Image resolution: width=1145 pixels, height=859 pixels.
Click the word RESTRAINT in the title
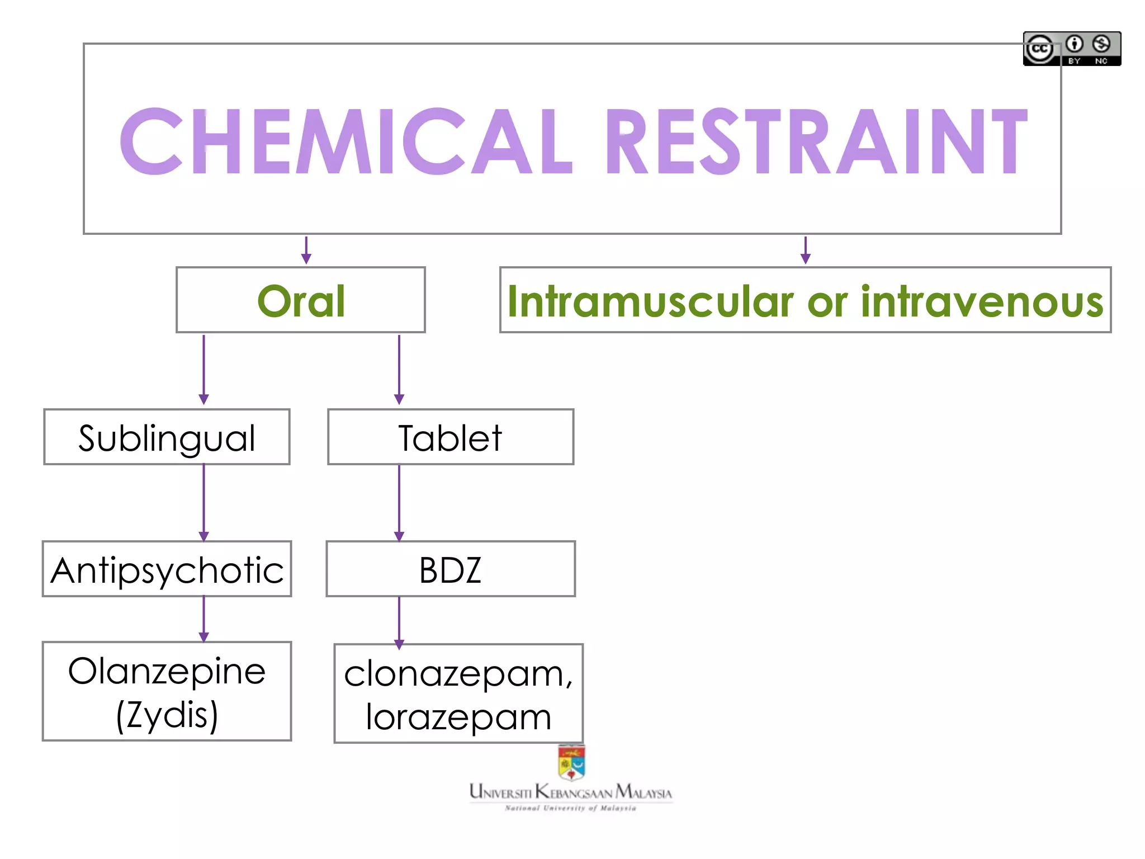click(x=816, y=141)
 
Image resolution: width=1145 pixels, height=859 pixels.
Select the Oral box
click(x=301, y=300)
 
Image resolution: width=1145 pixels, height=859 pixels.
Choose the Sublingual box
click(x=167, y=437)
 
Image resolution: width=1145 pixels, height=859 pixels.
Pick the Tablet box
click(x=451, y=437)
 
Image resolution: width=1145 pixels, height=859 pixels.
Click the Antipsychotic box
click(x=167, y=569)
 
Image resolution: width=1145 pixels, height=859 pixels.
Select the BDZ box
click(x=451, y=569)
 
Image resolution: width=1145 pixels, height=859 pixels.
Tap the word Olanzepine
click(x=167, y=671)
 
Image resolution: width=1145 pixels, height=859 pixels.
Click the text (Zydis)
click(x=167, y=714)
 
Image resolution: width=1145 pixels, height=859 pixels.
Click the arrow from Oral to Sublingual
click(x=204, y=370)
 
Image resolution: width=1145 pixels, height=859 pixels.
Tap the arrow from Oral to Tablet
click(x=399, y=370)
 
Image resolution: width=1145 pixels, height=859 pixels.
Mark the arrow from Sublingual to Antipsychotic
click(x=204, y=502)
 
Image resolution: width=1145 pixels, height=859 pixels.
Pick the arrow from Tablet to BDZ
click(x=399, y=502)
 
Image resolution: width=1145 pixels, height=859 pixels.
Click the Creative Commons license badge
click(x=1072, y=49)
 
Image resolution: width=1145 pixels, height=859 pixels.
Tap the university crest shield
click(x=571, y=763)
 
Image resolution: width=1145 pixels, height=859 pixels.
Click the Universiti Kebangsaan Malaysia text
click(x=571, y=792)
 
